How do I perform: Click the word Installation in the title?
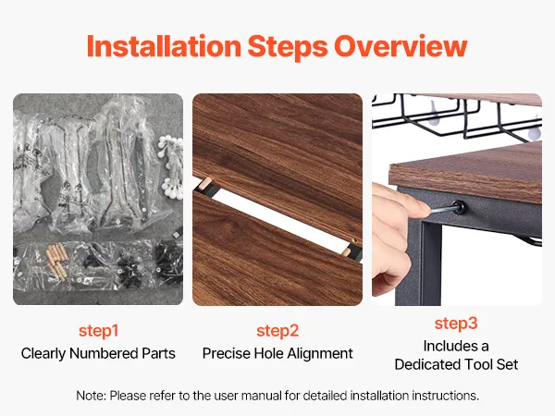[x=165, y=46]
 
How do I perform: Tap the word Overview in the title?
[x=401, y=46]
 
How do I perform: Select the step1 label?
[x=98, y=331]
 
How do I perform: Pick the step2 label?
[x=277, y=331]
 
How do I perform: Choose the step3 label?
[x=456, y=324]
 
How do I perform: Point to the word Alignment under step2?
[x=320, y=354]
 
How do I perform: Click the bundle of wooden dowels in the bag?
[x=56, y=261]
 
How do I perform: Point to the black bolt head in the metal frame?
[x=459, y=207]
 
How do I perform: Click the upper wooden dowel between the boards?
[x=205, y=184]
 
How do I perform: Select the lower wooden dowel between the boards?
[x=348, y=251]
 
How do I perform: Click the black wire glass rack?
[x=457, y=116]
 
